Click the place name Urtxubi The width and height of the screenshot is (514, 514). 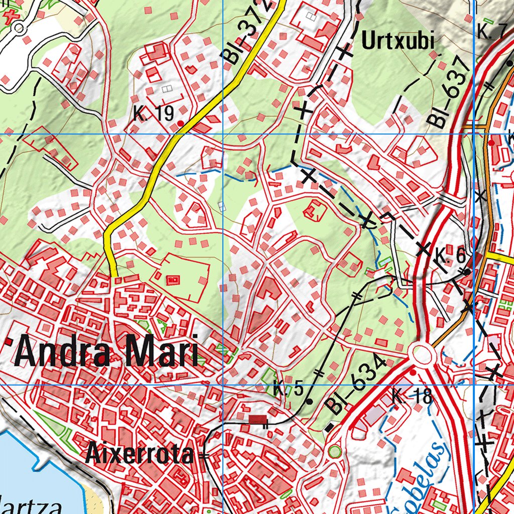click(x=398, y=41)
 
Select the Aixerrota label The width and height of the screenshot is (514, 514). click(x=139, y=454)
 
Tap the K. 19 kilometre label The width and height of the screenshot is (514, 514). click(x=154, y=114)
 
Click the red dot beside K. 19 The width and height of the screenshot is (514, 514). click(x=180, y=122)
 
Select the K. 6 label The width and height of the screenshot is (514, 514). click(x=450, y=257)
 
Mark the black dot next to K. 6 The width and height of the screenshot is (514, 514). click(x=467, y=272)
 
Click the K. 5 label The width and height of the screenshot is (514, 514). click(x=289, y=389)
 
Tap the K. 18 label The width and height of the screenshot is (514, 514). click(x=412, y=397)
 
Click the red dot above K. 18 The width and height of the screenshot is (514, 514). click(x=413, y=373)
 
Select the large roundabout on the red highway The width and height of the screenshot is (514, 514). click(x=422, y=354)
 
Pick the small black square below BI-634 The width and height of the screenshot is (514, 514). click(x=329, y=428)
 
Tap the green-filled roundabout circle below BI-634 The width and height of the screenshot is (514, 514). click(x=334, y=452)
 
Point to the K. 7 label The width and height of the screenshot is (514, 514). click(x=490, y=32)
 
